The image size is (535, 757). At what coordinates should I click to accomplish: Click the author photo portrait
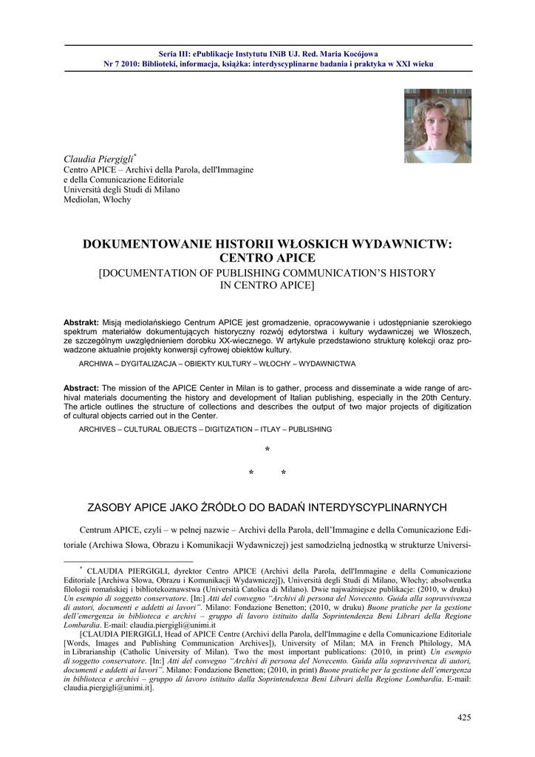(x=437, y=126)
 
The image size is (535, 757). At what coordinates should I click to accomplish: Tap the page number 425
(x=464, y=717)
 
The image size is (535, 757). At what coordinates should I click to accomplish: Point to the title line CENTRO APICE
(x=267, y=258)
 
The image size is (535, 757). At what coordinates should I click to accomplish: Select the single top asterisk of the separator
(x=267, y=451)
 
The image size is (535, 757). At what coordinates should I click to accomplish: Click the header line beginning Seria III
(x=267, y=54)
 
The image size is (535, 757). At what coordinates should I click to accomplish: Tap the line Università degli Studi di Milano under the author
(x=122, y=190)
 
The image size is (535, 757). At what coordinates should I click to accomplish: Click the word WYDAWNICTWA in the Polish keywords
(x=328, y=364)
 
